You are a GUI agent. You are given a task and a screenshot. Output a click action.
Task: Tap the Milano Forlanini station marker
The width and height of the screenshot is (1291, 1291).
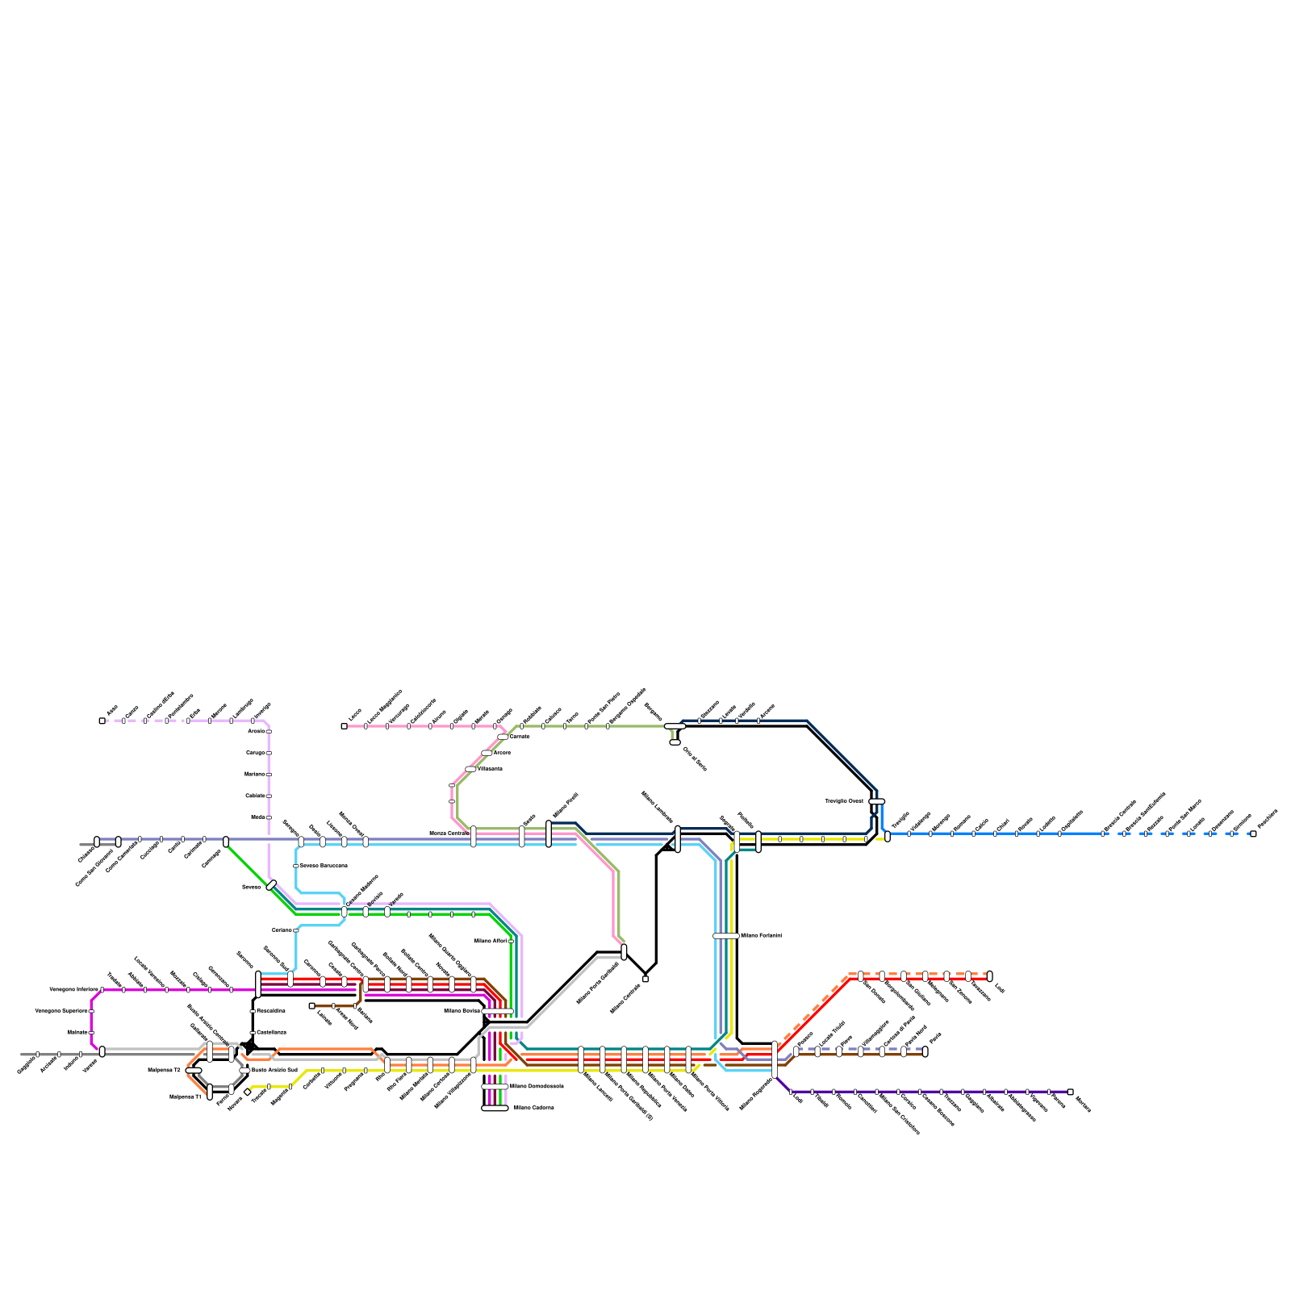pyautogui.click(x=725, y=936)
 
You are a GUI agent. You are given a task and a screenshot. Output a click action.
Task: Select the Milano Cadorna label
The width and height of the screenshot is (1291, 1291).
pyautogui.click(x=533, y=1108)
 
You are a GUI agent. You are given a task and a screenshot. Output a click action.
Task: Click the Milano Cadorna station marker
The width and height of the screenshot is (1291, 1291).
pyautogui.click(x=495, y=1108)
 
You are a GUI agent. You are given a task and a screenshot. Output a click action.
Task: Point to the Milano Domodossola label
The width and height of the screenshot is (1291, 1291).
pyautogui.click(x=537, y=1087)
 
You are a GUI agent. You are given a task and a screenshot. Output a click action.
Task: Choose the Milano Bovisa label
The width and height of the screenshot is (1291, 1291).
pyautogui.click(x=462, y=1010)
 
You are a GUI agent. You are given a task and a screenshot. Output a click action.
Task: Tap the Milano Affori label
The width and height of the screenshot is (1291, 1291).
pyautogui.click(x=490, y=941)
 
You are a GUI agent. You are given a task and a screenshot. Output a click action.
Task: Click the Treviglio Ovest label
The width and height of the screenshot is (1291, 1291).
pyautogui.click(x=844, y=801)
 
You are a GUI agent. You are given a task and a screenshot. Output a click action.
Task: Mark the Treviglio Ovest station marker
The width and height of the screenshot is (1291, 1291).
pyautogui.click(x=876, y=801)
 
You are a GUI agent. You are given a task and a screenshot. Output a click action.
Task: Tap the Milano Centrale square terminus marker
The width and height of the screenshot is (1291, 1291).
pyautogui.click(x=645, y=979)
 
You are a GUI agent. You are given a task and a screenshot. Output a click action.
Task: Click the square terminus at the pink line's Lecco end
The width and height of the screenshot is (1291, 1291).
pyautogui.click(x=345, y=726)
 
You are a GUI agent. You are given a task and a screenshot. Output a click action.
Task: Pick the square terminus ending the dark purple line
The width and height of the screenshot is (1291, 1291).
pyautogui.click(x=1070, y=1092)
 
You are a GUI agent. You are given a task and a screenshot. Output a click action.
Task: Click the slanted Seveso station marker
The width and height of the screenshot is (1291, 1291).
pyautogui.click(x=271, y=885)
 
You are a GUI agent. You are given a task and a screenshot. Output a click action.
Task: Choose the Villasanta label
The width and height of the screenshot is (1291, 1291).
pyautogui.click(x=490, y=769)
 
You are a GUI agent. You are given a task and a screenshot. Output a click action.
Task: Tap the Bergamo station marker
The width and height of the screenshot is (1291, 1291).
pyautogui.click(x=675, y=726)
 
